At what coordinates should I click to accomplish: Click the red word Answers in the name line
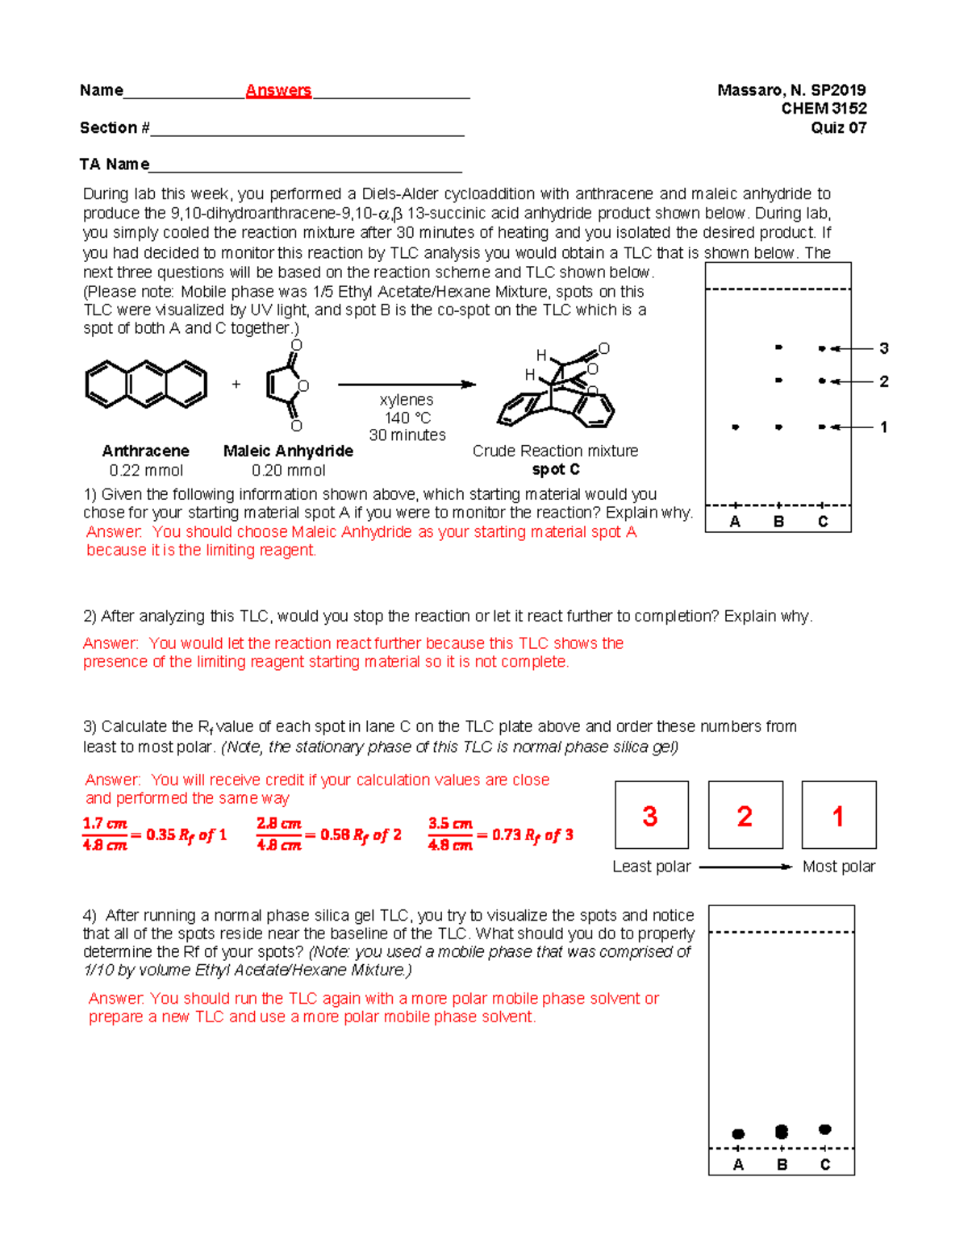pos(278,90)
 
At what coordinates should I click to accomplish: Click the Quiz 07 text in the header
pos(838,127)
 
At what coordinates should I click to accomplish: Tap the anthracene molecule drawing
pos(146,385)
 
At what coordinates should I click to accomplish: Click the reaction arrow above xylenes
pos(407,385)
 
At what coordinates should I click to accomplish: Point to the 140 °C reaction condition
pos(407,418)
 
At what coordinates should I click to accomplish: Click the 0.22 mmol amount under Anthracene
pos(146,470)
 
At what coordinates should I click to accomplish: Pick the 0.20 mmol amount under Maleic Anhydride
pos(288,470)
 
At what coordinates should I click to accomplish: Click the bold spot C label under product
pos(555,469)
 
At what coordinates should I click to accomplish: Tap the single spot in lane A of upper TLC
pos(735,427)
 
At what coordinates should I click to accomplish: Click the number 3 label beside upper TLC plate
pos(884,348)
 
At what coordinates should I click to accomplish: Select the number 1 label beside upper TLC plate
pos(884,427)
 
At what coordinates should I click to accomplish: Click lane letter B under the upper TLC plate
pos(778,522)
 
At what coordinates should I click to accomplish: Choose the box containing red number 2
pos(745,815)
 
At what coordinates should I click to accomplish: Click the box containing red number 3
pos(652,815)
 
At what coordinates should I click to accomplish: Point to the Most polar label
pos(838,867)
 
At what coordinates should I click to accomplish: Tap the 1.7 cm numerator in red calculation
pos(105,824)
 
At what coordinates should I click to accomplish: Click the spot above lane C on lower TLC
pos(824,1129)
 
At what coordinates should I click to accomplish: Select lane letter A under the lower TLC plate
pos(738,1164)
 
